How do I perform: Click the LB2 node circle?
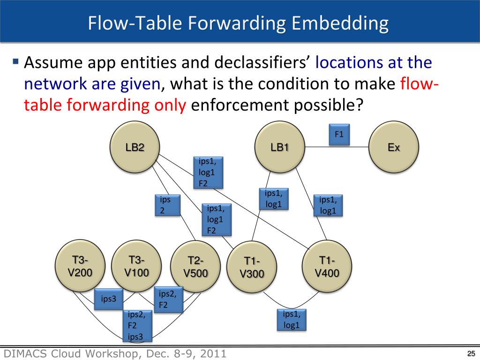tap(135, 147)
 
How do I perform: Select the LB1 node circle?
tap(280, 147)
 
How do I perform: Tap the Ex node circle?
tap(394, 147)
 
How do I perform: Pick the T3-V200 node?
tap(80, 266)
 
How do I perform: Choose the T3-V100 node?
tap(136, 266)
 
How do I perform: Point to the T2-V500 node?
tap(195, 266)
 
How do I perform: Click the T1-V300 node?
tap(252, 267)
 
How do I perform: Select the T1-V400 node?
tap(327, 266)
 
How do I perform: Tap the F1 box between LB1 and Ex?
tap(339, 135)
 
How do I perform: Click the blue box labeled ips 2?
tap(167, 205)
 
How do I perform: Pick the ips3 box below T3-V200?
tap(109, 299)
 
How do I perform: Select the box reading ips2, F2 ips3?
tap(138, 325)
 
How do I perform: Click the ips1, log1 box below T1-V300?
tap(292, 320)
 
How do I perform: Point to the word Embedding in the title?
tap(340, 23)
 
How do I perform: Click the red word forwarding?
tap(108, 105)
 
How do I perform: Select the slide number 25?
tap(471, 353)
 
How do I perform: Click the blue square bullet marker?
tap(15, 61)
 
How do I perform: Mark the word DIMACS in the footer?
tap(25, 353)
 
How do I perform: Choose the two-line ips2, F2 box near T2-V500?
tap(168, 300)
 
